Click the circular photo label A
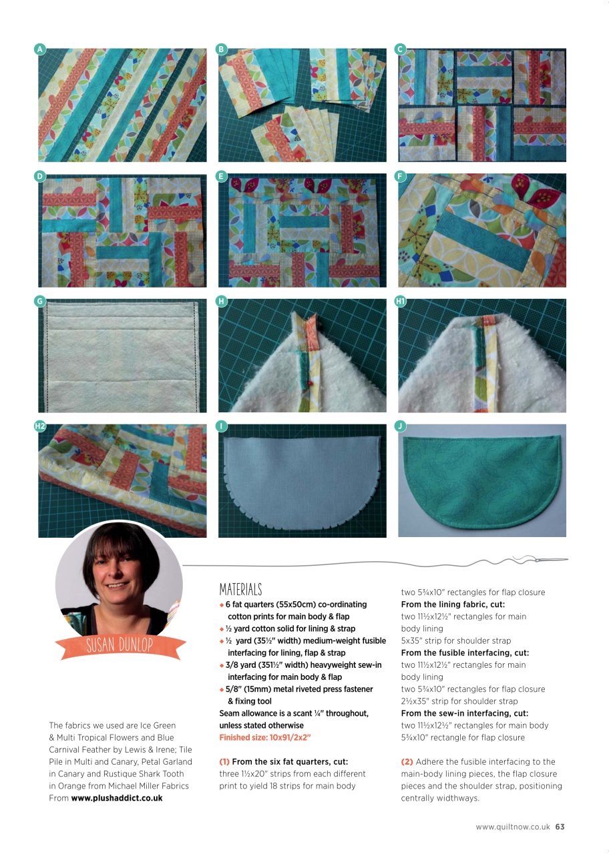pyautogui.click(x=40, y=49)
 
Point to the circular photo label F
pyautogui.click(x=400, y=176)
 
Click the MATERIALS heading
pyautogui.click(x=240, y=590)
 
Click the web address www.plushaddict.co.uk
pyautogui.click(x=117, y=797)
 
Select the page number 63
pyautogui.click(x=560, y=827)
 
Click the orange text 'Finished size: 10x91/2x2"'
pyautogui.click(x=265, y=737)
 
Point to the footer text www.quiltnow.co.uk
pyautogui.click(x=513, y=827)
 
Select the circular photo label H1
pyautogui.click(x=401, y=302)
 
